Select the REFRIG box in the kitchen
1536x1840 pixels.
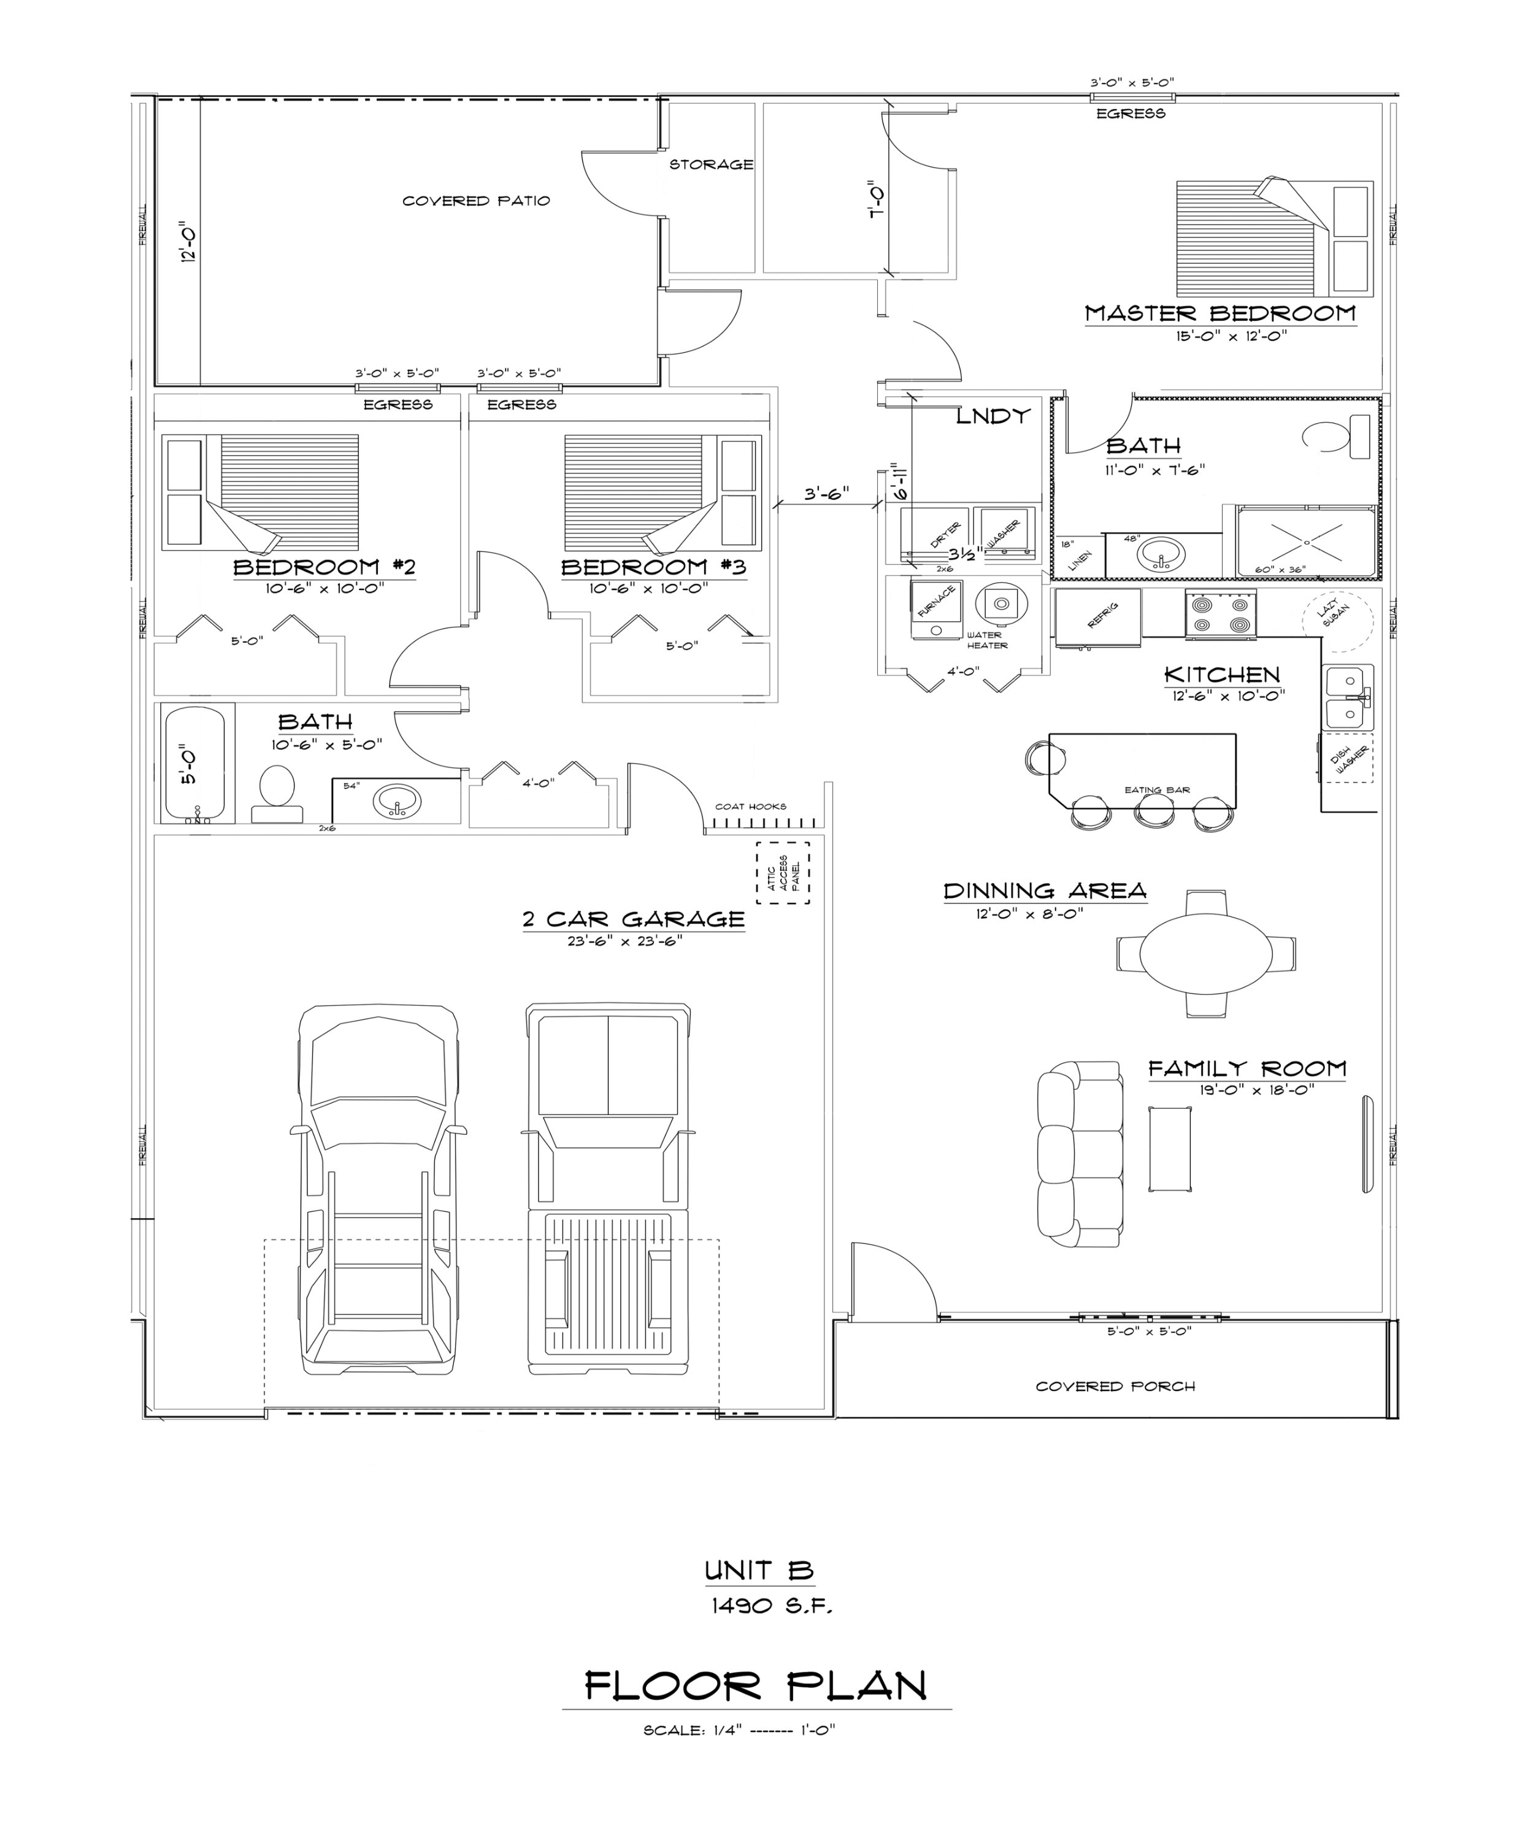coord(1098,618)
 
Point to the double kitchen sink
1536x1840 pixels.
coord(1346,697)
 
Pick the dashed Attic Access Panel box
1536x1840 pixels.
coord(783,873)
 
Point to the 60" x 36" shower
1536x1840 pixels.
coord(1305,540)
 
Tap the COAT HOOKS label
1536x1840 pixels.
coord(750,806)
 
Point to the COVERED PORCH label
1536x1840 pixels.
coord(1115,1386)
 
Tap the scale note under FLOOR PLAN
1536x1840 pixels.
coord(739,1730)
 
